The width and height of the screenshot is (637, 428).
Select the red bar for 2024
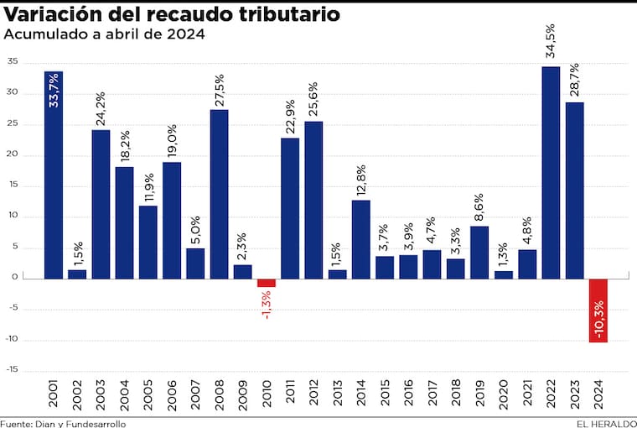[x=598, y=310]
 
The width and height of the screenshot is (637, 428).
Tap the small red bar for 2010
[x=267, y=283]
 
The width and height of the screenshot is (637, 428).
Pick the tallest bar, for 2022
[x=551, y=172]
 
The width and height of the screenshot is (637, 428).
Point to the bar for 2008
[x=219, y=194]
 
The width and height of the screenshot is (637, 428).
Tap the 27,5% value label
[x=219, y=86]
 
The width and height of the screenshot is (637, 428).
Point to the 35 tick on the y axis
[x=13, y=62]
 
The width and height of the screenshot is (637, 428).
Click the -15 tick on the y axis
[x=13, y=371]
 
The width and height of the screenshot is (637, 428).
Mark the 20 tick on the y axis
[x=13, y=155]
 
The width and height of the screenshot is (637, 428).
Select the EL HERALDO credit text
[x=605, y=423]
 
